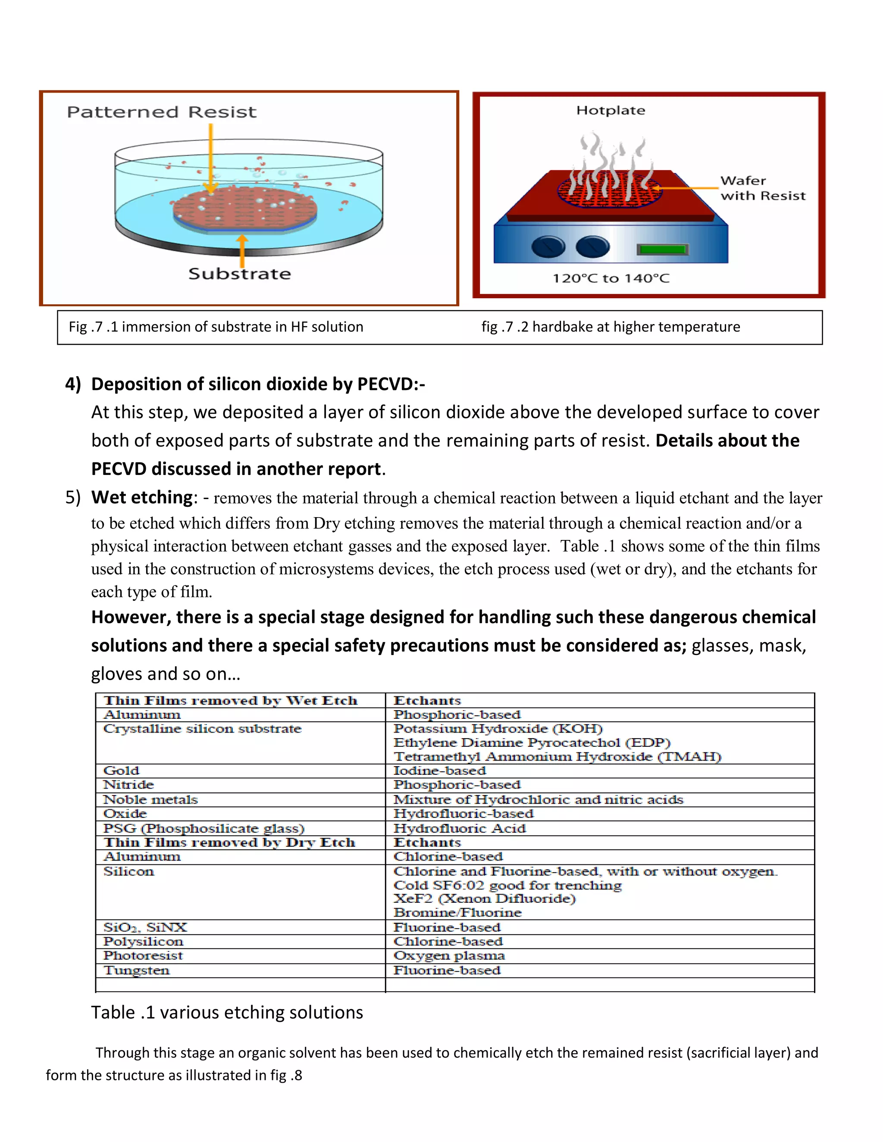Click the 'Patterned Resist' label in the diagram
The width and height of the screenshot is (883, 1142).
coord(162,112)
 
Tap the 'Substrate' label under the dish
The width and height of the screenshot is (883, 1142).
coord(240,274)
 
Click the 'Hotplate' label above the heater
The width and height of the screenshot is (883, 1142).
coord(611,110)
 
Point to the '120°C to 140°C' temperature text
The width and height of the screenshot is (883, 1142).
coord(611,278)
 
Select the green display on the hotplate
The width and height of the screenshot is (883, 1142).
coord(662,250)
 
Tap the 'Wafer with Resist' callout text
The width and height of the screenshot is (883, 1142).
coord(762,188)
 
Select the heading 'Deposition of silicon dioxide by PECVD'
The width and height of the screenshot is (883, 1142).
coord(257,384)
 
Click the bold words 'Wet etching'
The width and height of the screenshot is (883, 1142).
coord(142,497)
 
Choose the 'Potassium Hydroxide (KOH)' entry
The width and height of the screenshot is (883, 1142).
coord(498,728)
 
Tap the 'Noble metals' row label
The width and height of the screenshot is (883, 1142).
coord(150,799)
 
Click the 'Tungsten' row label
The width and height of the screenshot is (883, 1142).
coord(137,970)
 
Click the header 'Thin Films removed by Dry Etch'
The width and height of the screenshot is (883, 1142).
coord(229,842)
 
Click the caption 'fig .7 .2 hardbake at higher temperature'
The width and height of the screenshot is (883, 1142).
coord(611,327)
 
